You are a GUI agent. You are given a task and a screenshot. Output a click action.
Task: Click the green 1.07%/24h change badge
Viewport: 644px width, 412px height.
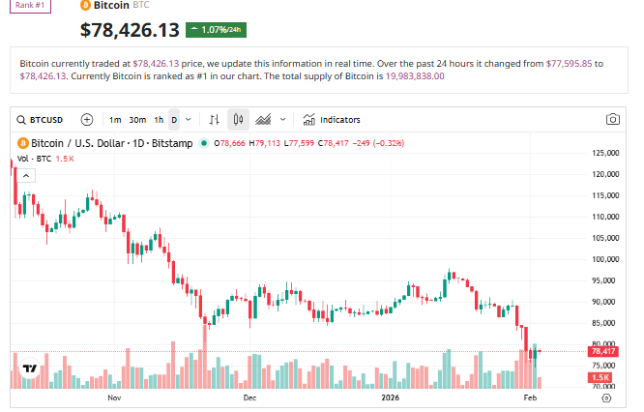[216, 30]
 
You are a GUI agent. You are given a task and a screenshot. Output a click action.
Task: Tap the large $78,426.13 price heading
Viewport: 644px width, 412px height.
[130, 30]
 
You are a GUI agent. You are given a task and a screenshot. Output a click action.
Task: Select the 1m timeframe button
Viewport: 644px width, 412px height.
[115, 120]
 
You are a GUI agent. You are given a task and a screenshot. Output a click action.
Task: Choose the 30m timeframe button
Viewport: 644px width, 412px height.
[137, 120]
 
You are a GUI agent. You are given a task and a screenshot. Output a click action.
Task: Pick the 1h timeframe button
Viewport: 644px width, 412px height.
[159, 120]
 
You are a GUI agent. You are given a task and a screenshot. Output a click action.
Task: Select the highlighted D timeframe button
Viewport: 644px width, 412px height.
[174, 120]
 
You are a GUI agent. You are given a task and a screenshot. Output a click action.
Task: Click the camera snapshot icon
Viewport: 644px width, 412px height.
[612, 120]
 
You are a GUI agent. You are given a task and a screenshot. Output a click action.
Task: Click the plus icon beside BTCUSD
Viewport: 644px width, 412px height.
[87, 120]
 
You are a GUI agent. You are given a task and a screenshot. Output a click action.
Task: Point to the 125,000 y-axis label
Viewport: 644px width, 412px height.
[606, 154]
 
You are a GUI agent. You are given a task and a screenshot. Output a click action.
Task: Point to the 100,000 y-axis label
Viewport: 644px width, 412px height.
[606, 259]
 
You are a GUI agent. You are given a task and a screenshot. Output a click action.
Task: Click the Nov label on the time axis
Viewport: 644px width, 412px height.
[114, 397]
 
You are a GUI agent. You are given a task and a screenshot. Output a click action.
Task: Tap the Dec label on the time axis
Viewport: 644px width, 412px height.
[249, 397]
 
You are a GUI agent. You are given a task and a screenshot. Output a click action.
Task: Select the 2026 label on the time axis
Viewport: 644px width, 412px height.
[390, 397]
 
